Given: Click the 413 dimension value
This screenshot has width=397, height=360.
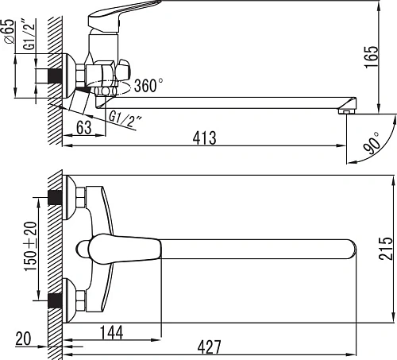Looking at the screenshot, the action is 204,137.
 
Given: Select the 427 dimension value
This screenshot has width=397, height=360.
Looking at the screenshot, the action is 209,346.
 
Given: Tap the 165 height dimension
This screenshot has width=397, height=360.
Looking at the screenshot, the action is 372,57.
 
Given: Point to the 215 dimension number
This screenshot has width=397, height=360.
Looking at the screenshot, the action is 385,248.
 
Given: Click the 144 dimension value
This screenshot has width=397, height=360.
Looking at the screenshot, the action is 112,332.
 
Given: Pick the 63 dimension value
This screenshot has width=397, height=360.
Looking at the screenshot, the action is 84,127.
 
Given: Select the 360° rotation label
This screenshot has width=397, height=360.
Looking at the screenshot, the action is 148,85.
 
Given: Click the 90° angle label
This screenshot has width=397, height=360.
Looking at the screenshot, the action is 371,143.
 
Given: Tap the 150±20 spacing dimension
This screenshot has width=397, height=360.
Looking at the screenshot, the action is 30,246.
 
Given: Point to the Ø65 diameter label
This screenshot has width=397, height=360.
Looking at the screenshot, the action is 10,31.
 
